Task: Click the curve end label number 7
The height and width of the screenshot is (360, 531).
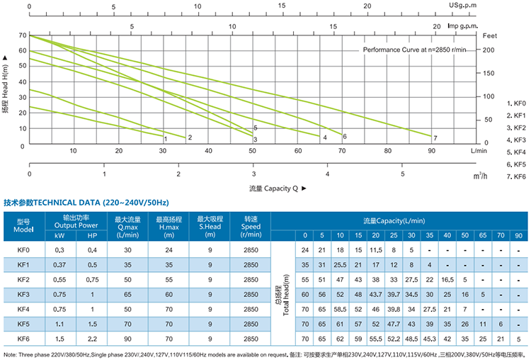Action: point(435,137)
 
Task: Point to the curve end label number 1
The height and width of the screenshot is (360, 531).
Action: point(165,138)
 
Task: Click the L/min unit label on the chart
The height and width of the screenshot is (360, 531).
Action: point(479,150)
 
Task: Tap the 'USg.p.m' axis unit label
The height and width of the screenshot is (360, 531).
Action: point(464,6)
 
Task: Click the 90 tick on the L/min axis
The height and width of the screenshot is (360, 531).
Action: point(432,150)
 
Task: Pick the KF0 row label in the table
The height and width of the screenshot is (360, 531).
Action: point(23,250)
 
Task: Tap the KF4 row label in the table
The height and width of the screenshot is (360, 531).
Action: point(23,308)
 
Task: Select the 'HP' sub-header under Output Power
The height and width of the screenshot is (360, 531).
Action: point(92,235)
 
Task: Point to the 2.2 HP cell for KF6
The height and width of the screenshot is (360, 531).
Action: point(92,338)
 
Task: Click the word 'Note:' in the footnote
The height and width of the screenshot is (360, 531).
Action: point(13,353)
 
